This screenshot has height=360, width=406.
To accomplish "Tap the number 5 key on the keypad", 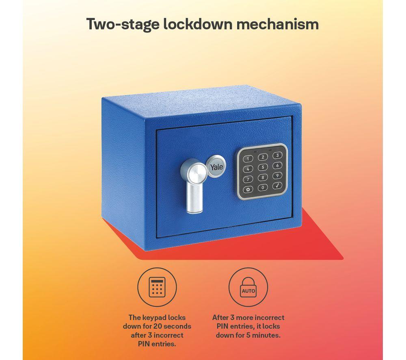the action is tap(263, 167).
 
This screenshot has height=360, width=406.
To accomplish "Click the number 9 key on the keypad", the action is tap(277, 175).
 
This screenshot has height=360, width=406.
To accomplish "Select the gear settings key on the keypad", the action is tap(248, 190).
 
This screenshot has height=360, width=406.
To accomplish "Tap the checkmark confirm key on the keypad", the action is tap(277, 185).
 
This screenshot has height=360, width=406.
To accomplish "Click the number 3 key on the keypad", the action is tap(277, 155).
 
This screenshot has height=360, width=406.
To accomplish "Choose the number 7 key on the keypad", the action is tap(248, 179).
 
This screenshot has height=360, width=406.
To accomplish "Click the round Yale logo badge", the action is tap(216, 166).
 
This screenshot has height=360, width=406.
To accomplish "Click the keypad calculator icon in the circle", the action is tap(157, 287).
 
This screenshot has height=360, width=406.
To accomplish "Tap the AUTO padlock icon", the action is tap(248, 287).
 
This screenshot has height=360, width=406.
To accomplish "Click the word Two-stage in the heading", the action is tap(123, 24).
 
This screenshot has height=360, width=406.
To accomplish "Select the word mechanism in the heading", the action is tap(278, 24).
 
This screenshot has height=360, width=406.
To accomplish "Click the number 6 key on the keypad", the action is tap(277, 165).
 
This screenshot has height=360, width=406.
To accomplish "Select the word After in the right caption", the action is tap(220, 317).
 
